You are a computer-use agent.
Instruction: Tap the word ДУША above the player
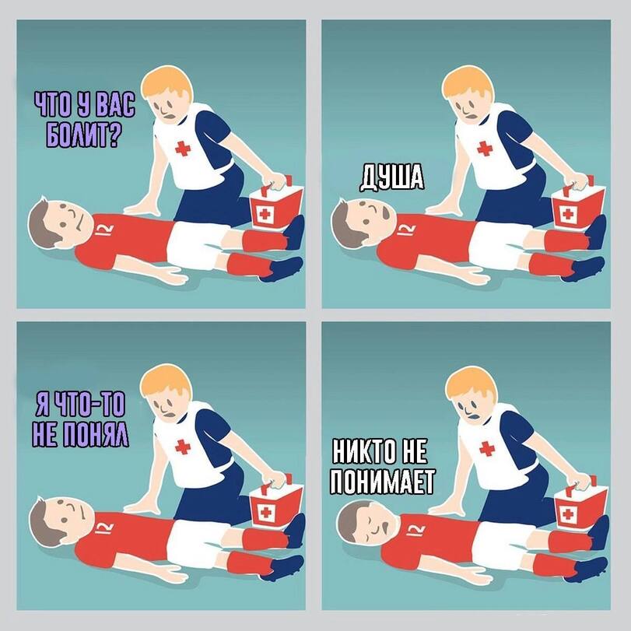tap(391, 177)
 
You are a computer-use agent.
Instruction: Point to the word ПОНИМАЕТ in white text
tap(382, 482)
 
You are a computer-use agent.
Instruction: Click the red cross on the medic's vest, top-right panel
tap(485, 149)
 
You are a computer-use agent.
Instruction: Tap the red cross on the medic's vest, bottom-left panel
tap(183, 447)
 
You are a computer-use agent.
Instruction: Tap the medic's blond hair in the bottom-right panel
tap(470, 387)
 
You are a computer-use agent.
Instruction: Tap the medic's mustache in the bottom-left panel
tap(169, 414)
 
